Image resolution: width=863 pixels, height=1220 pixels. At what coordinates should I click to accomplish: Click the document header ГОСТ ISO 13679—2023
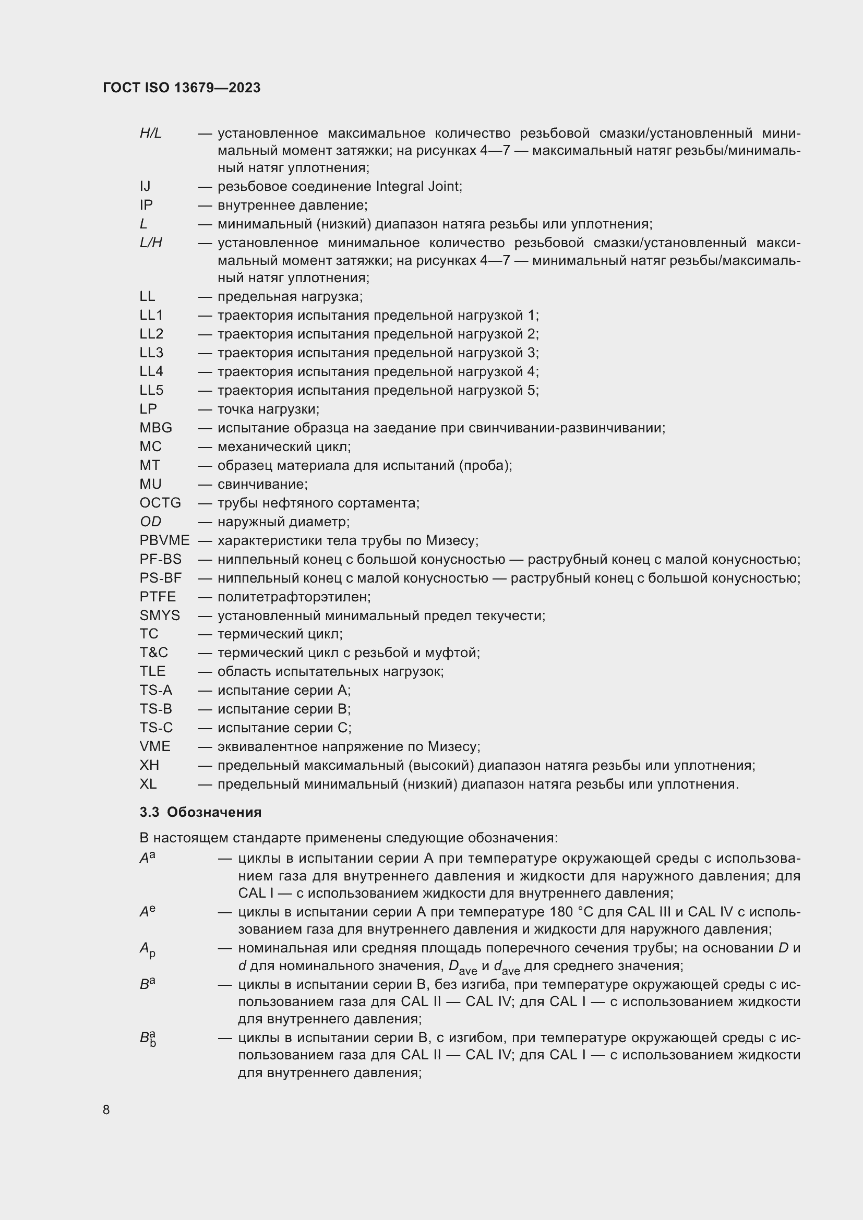(x=182, y=88)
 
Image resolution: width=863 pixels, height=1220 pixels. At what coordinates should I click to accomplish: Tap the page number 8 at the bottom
(x=106, y=1110)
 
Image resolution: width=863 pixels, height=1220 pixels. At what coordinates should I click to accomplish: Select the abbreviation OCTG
(x=160, y=503)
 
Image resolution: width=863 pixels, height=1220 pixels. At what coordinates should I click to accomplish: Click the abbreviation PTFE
(x=157, y=597)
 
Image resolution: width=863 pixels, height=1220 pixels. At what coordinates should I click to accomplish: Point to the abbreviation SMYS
(x=160, y=615)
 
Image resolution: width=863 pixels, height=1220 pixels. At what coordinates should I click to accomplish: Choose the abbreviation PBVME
(x=164, y=540)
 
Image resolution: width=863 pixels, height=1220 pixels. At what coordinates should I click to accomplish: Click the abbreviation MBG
(x=155, y=428)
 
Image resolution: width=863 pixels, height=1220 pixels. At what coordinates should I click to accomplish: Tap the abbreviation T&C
(x=153, y=653)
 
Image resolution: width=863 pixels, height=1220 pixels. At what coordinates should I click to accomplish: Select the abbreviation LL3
(x=151, y=353)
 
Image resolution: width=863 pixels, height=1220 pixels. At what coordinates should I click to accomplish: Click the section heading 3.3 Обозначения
(x=200, y=813)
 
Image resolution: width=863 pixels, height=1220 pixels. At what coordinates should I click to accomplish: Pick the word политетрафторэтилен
(x=293, y=597)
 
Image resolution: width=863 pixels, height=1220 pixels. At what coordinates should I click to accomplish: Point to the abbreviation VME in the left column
(x=154, y=746)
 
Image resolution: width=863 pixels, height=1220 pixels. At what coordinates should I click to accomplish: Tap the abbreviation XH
(x=149, y=765)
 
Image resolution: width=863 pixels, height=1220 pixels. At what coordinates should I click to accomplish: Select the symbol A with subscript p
(x=147, y=949)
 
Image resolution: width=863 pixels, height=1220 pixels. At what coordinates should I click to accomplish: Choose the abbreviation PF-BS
(x=161, y=559)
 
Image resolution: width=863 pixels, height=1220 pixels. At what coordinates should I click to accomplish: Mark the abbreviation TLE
(x=152, y=672)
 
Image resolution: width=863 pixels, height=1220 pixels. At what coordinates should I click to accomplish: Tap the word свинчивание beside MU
(x=262, y=484)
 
